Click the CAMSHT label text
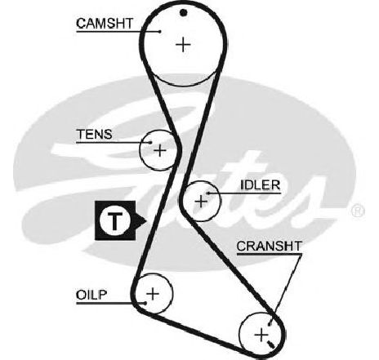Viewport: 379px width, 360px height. coord(105,24)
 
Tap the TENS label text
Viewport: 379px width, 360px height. coord(94,134)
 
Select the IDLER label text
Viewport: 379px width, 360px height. coord(260,185)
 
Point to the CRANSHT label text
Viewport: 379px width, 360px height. coord(270,247)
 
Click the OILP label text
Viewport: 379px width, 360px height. coord(91,295)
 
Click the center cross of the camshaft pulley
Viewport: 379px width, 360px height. coord(183,44)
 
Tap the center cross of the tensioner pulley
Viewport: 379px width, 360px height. coord(160,150)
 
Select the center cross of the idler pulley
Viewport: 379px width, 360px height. coord(201,202)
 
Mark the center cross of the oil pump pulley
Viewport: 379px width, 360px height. coord(153,294)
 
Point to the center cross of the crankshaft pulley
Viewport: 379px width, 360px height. coord(261,335)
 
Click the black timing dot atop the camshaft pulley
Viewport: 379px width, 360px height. coord(184,12)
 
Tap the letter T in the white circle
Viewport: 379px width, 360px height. coord(115,220)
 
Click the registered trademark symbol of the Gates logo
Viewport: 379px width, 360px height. coord(358,211)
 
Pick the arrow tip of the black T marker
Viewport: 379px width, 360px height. coord(147,220)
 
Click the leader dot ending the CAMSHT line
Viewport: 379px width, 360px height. coord(160,32)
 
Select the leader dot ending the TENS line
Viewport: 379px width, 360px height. coord(150,142)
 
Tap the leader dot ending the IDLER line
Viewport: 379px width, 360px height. coord(208,193)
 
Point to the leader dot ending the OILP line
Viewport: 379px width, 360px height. coord(145,303)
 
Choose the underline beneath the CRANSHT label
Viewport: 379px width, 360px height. coord(270,255)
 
